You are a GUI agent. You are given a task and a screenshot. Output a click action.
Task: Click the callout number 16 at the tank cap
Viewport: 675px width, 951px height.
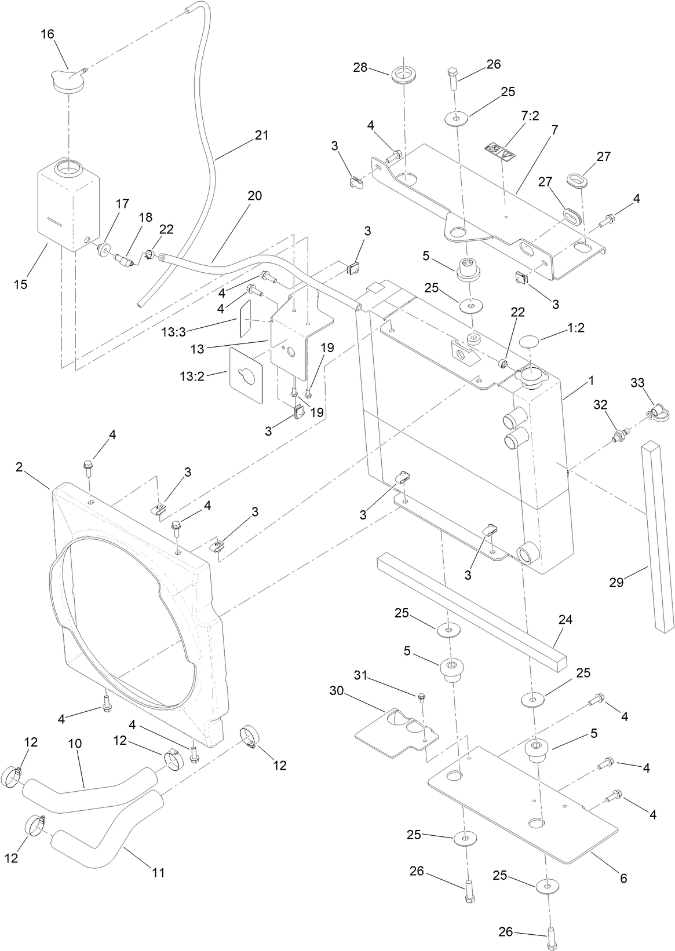click(47, 34)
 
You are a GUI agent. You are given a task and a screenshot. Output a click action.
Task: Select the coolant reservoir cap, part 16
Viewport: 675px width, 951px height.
click(68, 79)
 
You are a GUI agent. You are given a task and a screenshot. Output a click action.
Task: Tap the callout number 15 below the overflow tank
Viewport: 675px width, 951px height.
click(20, 284)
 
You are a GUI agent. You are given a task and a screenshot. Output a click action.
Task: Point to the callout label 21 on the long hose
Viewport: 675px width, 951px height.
click(262, 135)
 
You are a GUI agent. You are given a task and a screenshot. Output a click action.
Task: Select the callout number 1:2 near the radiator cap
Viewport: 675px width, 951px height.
click(576, 327)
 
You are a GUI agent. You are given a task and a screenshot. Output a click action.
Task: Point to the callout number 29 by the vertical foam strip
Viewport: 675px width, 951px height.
click(616, 582)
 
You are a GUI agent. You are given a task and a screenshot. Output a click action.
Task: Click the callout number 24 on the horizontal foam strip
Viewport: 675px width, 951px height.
click(565, 620)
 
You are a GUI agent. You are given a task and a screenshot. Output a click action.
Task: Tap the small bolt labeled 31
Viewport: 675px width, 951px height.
click(421, 695)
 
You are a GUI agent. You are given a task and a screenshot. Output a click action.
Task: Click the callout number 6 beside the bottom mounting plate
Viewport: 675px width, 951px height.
click(623, 879)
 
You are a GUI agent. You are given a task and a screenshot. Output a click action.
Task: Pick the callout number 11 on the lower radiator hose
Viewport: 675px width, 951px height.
click(159, 872)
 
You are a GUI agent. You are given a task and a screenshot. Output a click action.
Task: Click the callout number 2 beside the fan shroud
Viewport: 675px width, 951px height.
click(19, 467)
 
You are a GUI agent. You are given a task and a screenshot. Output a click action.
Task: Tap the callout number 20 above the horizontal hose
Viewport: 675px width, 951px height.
click(255, 196)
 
